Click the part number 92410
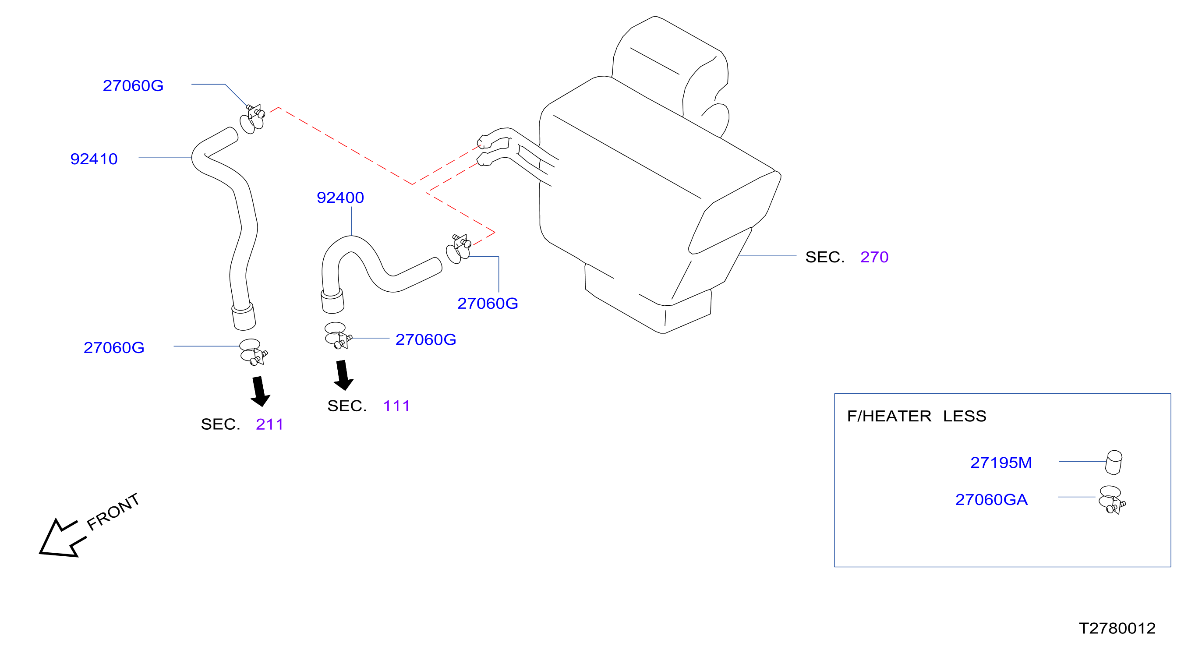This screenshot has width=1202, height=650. click(x=94, y=159)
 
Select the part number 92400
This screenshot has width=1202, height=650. click(x=340, y=198)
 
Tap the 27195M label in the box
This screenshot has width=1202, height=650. click(x=1001, y=463)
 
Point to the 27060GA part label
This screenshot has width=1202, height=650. click(x=992, y=500)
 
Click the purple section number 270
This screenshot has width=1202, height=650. click(x=874, y=257)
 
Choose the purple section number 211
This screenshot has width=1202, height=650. click(x=270, y=424)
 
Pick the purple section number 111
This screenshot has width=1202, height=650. click(x=396, y=406)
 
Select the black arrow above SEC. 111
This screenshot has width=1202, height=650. click(x=343, y=375)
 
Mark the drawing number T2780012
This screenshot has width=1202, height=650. click(x=1117, y=629)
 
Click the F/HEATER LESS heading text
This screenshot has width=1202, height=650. click(x=916, y=416)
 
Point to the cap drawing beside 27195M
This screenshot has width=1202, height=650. click(x=1114, y=463)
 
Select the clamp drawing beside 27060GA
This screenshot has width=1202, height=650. click(x=1112, y=500)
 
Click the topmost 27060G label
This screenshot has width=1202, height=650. click(x=133, y=86)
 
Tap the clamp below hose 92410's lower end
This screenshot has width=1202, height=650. click(x=253, y=352)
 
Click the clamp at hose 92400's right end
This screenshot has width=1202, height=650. click(x=459, y=249)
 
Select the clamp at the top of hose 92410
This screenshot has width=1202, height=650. click(x=252, y=120)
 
